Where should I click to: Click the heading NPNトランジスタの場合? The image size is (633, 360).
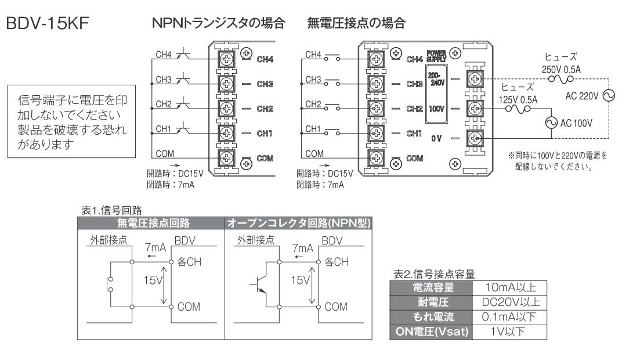(x=219, y=24)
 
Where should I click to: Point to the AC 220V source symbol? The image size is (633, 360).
(x=607, y=96)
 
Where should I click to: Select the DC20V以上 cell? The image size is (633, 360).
(x=508, y=301)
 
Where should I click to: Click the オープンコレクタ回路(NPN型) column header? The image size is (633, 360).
(x=298, y=221)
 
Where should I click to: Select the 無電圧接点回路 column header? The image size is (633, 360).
(x=150, y=221)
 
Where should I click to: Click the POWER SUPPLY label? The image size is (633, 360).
(x=436, y=55)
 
